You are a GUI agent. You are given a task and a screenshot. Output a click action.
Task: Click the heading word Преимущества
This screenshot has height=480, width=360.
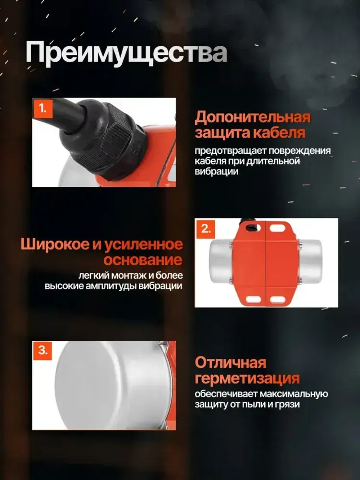(126, 53)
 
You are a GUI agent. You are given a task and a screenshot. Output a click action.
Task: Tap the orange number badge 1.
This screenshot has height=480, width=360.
(43, 108)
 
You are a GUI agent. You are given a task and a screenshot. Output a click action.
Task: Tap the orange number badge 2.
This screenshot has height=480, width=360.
(206, 228)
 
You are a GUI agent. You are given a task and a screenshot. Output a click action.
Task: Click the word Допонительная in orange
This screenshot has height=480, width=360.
(252, 117)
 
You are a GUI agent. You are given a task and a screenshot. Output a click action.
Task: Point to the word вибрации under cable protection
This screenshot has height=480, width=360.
(216, 171)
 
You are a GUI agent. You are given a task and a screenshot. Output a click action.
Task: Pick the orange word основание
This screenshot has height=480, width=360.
(143, 260)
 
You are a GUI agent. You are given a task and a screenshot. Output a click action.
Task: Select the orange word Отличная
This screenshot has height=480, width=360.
(230, 363)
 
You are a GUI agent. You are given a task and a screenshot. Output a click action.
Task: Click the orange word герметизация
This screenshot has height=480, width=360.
(247, 378)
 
